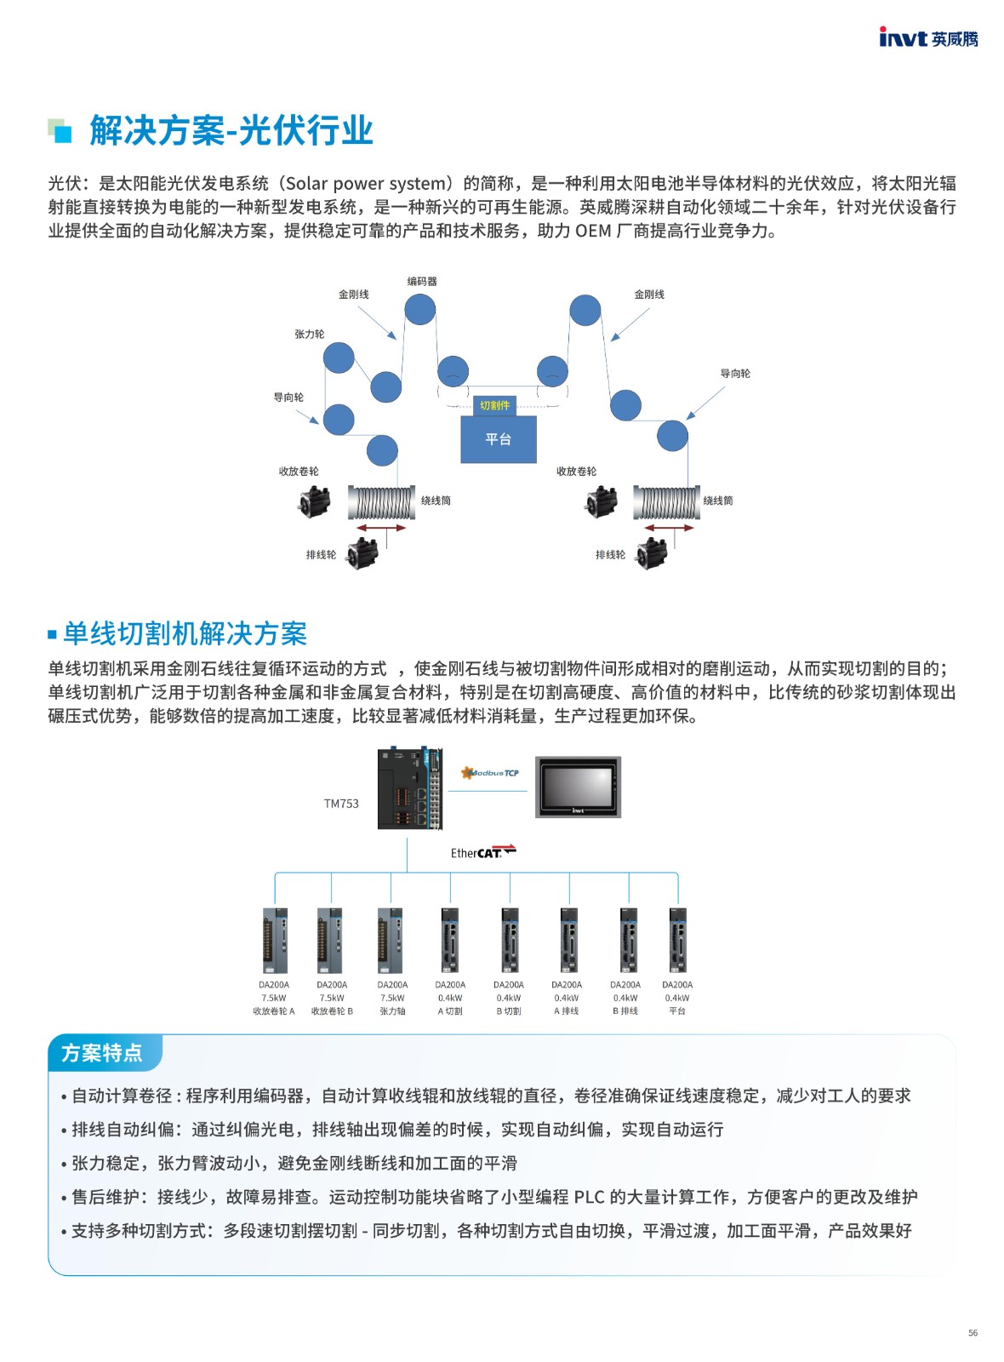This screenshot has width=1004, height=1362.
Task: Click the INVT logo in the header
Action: (x=928, y=37)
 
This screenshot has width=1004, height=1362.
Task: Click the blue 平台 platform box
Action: (x=499, y=439)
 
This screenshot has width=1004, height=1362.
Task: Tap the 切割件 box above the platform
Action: (x=494, y=405)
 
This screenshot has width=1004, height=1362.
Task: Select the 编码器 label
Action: (x=422, y=282)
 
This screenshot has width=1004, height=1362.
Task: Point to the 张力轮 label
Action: (x=310, y=334)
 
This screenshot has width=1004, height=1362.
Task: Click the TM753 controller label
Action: (x=341, y=804)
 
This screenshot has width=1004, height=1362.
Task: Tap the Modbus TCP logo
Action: (x=490, y=773)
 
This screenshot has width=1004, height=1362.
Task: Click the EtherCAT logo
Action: (x=483, y=852)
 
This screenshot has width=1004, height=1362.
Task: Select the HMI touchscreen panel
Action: (x=578, y=787)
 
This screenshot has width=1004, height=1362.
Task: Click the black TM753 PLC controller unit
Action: (x=410, y=789)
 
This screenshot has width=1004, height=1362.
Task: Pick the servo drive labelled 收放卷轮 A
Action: (x=276, y=941)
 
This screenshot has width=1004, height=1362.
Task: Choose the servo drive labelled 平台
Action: (x=677, y=941)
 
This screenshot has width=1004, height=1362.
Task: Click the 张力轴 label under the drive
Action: (x=392, y=1011)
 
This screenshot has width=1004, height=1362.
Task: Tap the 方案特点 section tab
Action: (x=102, y=1052)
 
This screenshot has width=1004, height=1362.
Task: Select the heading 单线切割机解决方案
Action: (x=185, y=633)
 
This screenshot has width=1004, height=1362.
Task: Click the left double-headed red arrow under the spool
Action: (x=381, y=528)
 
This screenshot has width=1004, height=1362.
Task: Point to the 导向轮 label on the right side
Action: (x=735, y=374)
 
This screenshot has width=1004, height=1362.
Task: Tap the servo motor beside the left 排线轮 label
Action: (x=362, y=552)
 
